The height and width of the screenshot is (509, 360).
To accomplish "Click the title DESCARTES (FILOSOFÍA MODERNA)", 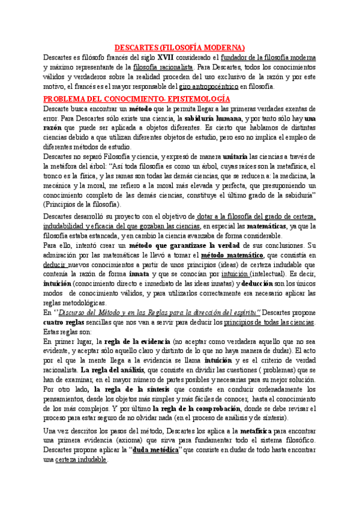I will click(x=180, y=47).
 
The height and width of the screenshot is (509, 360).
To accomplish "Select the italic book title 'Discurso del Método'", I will click(x=89, y=313).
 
